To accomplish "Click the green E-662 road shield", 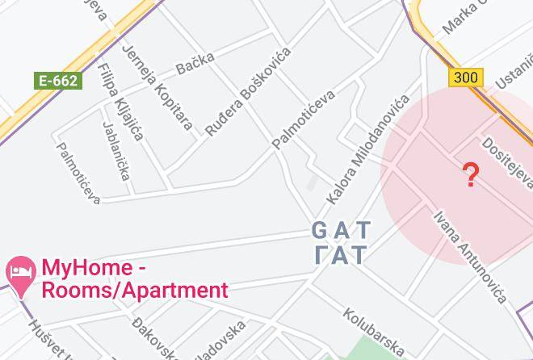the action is pos(57,80).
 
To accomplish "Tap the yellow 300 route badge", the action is pos(465,77).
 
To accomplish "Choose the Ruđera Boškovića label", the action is pos(247,91).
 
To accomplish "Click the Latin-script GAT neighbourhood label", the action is pos(340,231).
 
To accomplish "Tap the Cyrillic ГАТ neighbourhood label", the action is pos(340,255).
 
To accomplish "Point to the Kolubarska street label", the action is pos(373,330).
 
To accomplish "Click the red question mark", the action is pos(471,174).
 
